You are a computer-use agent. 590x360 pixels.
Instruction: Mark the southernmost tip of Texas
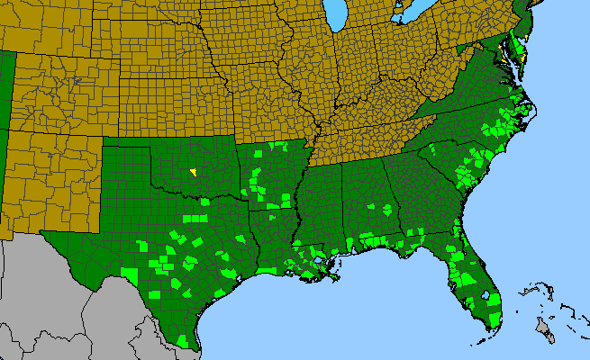tap(188, 346)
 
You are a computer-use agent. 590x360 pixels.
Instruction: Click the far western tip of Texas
tap(43, 233)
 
